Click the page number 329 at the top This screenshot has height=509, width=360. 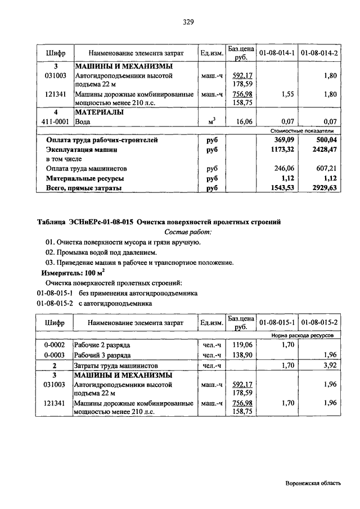(188, 22)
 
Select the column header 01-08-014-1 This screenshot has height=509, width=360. (277, 53)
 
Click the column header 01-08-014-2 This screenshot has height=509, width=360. (319, 53)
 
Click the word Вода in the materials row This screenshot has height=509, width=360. (83, 121)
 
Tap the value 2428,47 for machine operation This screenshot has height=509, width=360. (323, 150)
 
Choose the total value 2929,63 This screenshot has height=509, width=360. (323, 188)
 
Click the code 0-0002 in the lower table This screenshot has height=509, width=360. (55, 345)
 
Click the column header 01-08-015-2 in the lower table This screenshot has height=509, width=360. (319, 323)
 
